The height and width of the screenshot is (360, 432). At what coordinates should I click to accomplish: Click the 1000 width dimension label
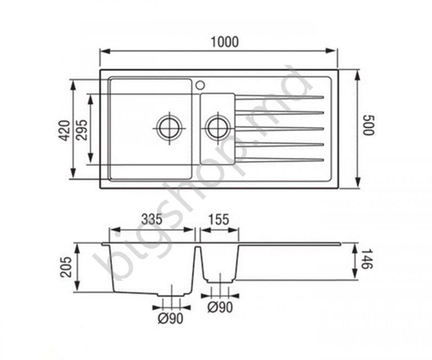(225, 42)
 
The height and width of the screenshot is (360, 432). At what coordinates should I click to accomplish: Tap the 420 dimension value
(65, 130)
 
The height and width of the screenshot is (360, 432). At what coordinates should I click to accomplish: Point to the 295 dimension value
(81, 130)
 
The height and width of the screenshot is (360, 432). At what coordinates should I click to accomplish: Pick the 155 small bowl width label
(219, 219)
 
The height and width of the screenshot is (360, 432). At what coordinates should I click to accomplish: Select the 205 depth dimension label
(66, 267)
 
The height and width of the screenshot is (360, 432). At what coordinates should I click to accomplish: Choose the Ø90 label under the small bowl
(220, 307)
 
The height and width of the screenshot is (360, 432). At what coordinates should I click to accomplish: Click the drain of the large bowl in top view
(170, 128)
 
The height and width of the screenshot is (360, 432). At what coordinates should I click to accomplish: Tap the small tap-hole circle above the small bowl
(200, 85)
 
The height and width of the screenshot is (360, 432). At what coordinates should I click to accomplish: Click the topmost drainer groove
(279, 97)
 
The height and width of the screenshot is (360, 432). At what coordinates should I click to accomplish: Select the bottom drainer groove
(279, 160)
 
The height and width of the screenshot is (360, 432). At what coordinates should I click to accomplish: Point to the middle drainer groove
(279, 129)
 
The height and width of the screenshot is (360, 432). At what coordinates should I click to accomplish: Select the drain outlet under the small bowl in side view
(220, 281)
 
